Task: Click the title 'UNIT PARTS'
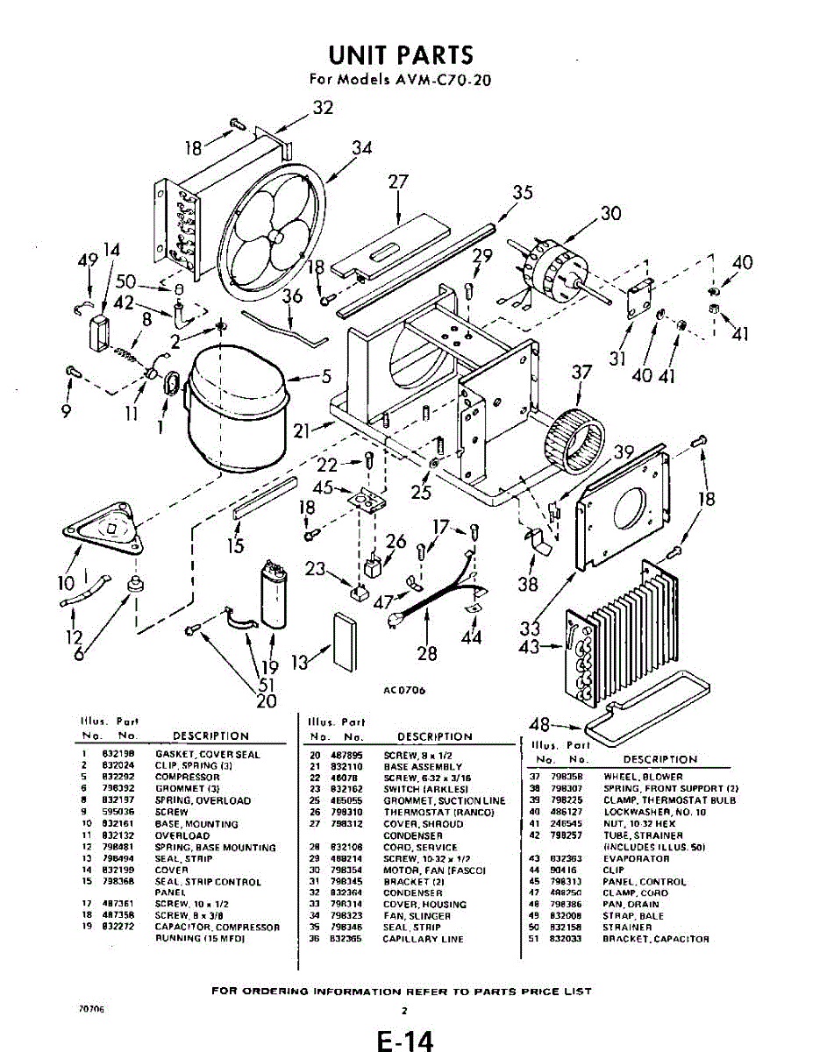401,54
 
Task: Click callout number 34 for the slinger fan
362,148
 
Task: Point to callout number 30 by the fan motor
610,213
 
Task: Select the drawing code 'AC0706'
404,690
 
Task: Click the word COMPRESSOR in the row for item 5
187,778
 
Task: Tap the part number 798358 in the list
567,777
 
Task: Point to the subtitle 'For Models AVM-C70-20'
401,79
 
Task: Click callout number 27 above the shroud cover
398,181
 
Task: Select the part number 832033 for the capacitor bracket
567,939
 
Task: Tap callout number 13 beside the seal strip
301,663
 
